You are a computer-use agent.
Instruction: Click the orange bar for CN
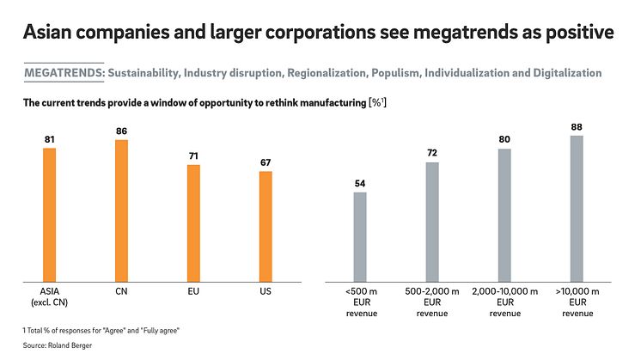(121, 211)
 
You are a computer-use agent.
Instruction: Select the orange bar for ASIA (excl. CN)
(49, 215)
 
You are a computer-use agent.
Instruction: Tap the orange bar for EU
(193, 223)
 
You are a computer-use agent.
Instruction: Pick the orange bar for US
(266, 226)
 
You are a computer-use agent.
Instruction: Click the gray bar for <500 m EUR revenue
(360, 236)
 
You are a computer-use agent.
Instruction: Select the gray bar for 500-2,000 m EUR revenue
(432, 222)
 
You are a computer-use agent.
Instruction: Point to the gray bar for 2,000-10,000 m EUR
(504, 215)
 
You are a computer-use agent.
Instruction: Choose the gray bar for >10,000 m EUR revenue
(577, 208)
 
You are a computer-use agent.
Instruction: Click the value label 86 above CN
(121, 130)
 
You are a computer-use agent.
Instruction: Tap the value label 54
(360, 182)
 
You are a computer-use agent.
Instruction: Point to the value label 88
(577, 125)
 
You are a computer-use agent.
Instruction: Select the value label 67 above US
(266, 162)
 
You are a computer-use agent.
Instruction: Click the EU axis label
(193, 292)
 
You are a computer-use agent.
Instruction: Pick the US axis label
(266, 292)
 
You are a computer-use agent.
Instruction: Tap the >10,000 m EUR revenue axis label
(577, 302)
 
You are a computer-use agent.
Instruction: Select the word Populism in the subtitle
(396, 73)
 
